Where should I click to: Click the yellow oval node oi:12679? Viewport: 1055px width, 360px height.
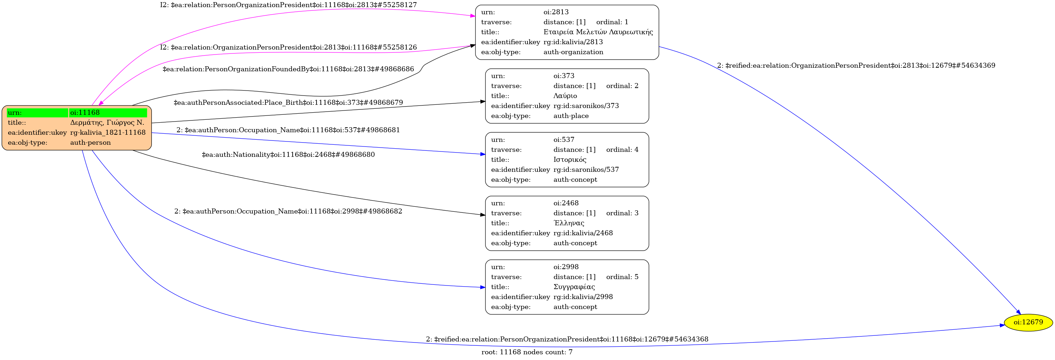(x=1028, y=322)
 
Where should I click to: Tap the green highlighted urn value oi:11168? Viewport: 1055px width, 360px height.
(x=85, y=113)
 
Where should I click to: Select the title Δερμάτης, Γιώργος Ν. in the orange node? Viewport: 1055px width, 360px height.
(x=107, y=123)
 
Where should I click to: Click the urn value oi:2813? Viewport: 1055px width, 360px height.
(x=556, y=12)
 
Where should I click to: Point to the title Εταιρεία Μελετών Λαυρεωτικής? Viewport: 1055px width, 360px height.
(x=598, y=32)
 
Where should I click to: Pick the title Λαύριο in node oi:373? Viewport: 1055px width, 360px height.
(x=565, y=96)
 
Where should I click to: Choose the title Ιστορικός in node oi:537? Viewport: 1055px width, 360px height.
(x=570, y=160)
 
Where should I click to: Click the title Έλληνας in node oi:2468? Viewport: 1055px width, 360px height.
(x=568, y=223)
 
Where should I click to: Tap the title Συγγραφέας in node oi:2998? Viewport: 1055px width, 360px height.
(x=574, y=287)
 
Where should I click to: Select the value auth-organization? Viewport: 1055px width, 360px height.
(x=573, y=52)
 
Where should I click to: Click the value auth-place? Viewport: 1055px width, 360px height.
(x=571, y=116)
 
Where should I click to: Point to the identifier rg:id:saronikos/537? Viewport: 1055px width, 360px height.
(x=586, y=170)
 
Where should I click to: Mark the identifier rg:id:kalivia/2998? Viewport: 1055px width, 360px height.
(x=583, y=297)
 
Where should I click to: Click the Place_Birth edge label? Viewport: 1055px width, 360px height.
(x=288, y=102)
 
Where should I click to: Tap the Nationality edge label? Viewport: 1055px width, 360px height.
(x=288, y=154)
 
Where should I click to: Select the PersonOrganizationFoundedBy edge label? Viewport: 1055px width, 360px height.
(x=288, y=69)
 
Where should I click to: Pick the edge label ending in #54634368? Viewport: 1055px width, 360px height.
(x=567, y=339)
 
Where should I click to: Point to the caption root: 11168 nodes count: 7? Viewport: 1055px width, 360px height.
(x=527, y=352)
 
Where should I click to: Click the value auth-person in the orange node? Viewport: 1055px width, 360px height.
(x=90, y=143)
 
